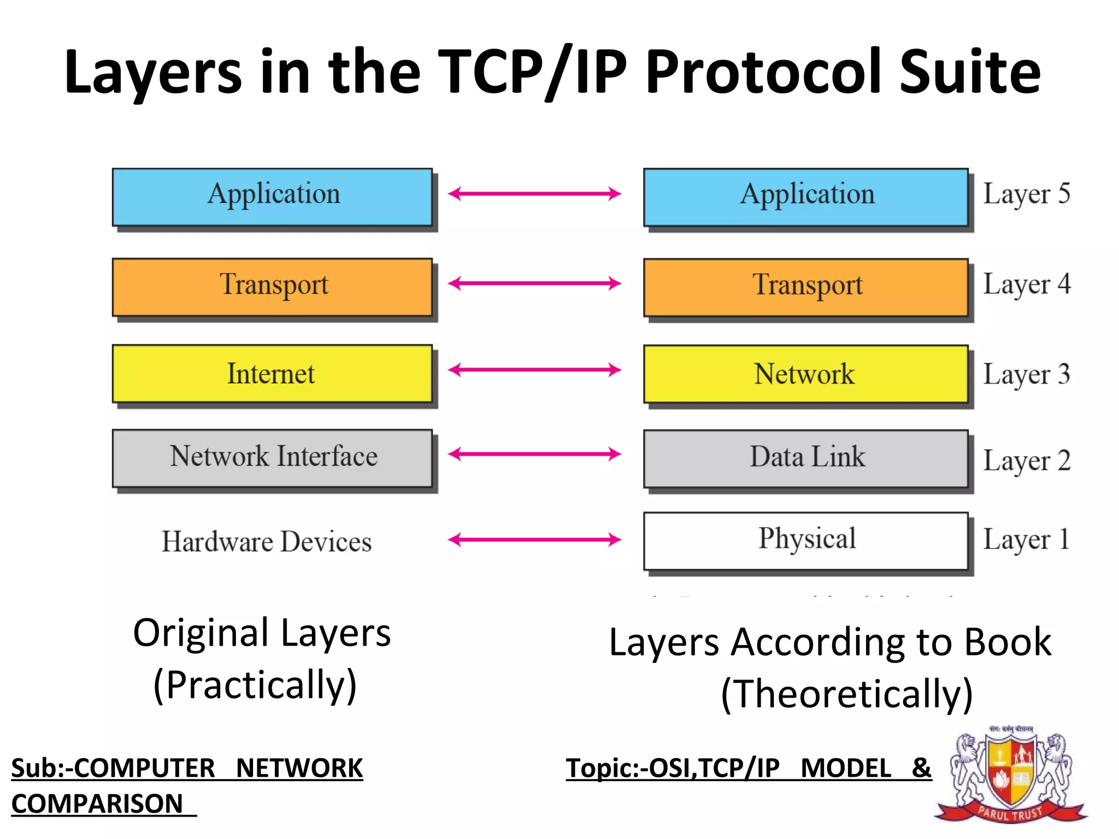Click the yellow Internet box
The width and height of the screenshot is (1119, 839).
pos(272,374)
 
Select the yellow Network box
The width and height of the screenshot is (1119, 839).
pos(805,374)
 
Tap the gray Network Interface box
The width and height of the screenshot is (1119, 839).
pos(272,458)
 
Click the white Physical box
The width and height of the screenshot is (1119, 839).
pos(805,540)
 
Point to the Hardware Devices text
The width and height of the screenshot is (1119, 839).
pos(267,542)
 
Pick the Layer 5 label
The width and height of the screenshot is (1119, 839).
pos(1026,194)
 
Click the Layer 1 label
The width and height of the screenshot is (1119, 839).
pos(1026,540)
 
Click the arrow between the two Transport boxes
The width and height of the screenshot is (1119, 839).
pos(534,283)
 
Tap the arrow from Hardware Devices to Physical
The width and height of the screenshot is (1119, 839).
pos(534,540)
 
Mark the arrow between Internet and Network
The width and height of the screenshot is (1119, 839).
pos(534,370)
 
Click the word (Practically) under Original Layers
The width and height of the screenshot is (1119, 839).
pos(255,685)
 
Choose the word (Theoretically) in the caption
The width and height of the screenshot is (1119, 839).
pos(847,694)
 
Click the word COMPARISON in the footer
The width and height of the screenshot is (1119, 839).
pos(97,803)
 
